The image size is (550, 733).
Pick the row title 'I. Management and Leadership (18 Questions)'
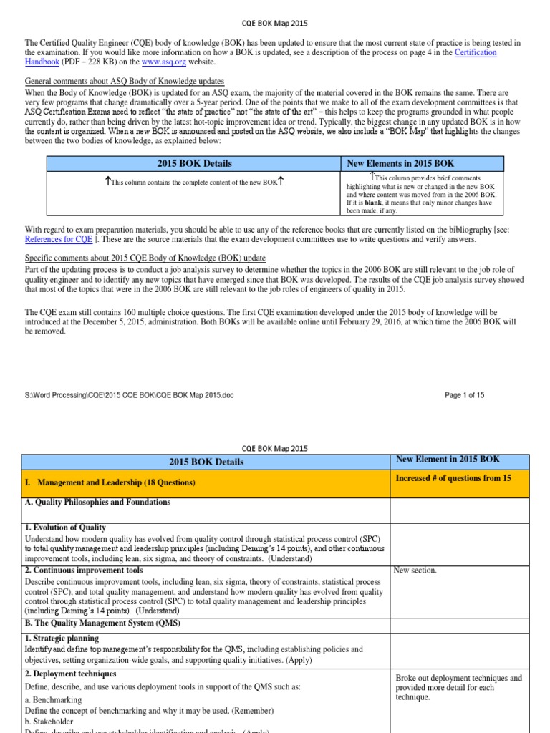click(x=111, y=483)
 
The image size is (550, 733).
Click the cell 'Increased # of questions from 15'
click(x=453, y=478)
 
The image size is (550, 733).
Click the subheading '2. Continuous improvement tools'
click(x=84, y=571)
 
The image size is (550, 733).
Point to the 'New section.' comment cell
click(x=415, y=571)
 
